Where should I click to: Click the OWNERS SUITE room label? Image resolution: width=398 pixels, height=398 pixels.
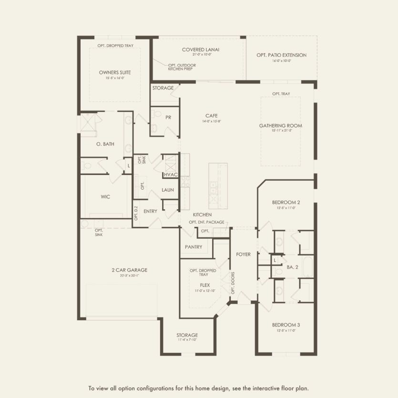point(115,72)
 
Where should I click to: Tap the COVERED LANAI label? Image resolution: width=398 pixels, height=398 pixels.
point(197,50)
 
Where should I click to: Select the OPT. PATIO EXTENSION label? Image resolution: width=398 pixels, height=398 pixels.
point(281,55)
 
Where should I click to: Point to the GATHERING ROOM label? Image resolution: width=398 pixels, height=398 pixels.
point(280,126)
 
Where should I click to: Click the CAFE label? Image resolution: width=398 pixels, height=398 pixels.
point(212,116)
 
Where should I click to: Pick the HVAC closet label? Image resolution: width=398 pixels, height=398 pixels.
point(170,175)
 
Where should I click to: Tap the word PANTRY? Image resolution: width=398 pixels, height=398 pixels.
point(194,247)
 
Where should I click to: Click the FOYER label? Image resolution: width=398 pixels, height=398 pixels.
point(243,255)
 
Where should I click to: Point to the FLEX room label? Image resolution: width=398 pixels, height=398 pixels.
point(205,285)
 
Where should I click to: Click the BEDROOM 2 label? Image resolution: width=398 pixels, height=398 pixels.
point(286,202)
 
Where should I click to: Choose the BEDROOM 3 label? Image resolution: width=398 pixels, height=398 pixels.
point(286,325)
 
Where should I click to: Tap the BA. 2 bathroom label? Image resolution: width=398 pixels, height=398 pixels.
point(292,267)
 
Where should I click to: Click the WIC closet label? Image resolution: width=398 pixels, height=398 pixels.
point(106,197)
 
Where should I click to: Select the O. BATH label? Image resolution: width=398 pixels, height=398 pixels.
point(105,144)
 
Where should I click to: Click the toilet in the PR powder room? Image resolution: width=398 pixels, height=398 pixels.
point(155,127)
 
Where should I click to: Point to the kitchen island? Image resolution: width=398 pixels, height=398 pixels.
point(217,184)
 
